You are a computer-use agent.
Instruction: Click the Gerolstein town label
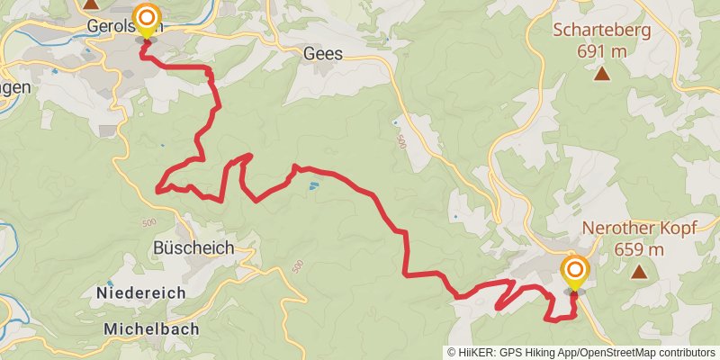point(112,26)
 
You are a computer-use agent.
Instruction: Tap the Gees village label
point(323,54)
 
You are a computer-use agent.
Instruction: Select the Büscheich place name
point(193,247)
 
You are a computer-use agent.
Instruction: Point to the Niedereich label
point(140,292)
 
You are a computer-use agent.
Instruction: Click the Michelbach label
point(151,328)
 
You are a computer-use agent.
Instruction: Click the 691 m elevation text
point(601,50)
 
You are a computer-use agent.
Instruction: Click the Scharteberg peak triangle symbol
point(601,75)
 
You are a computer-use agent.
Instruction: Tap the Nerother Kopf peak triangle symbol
point(639,272)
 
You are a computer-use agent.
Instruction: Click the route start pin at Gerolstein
point(146,20)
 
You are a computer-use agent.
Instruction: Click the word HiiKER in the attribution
point(473,353)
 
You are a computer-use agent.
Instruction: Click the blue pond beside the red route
point(311,187)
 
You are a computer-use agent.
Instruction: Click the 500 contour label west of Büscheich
point(148,221)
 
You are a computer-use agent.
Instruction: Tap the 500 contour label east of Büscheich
point(297,267)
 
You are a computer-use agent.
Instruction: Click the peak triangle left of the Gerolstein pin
point(91,4)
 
